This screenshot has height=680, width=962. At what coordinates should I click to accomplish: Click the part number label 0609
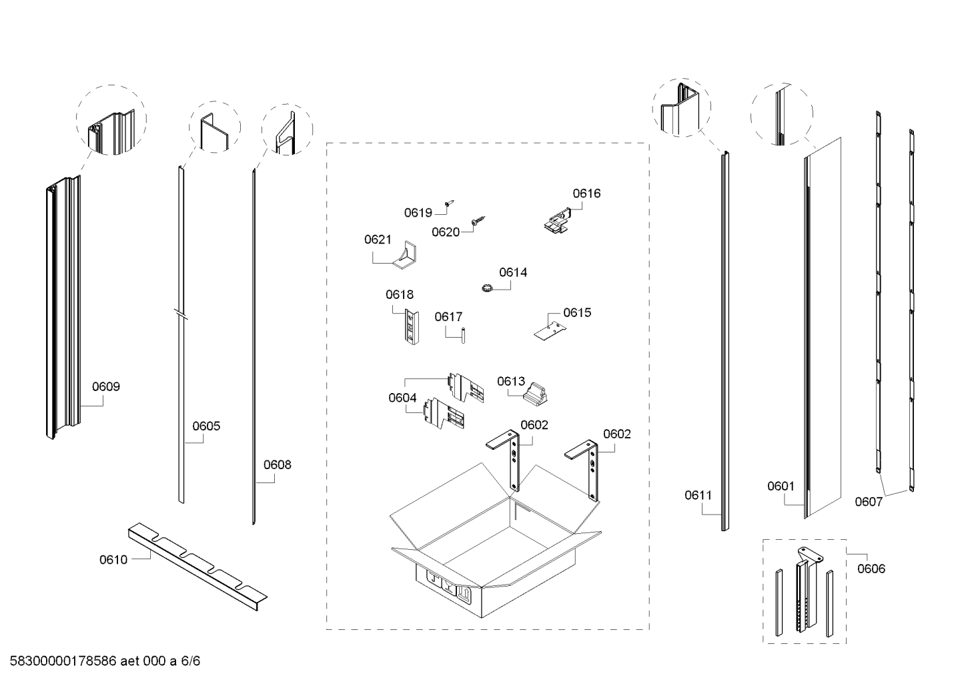[106, 386]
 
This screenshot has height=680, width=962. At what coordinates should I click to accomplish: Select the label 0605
[206, 426]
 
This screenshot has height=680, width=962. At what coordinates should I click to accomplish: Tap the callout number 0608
[277, 464]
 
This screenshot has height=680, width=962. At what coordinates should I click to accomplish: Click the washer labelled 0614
[485, 288]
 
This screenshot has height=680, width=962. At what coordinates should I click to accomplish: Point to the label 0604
[402, 398]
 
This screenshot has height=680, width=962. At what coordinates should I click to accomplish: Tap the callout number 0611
[698, 495]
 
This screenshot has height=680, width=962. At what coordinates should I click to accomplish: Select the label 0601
[781, 486]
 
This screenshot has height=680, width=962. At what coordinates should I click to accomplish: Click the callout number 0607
[869, 502]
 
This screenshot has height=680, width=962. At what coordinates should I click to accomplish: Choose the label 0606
[871, 569]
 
